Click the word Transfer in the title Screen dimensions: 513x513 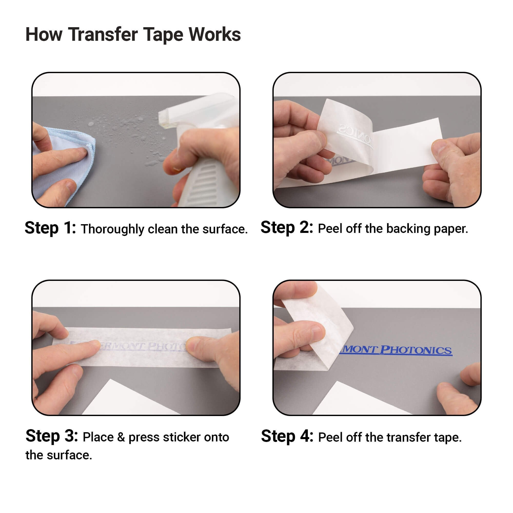point(103,35)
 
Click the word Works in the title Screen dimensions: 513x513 point(214,35)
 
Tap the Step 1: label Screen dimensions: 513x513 point(51,228)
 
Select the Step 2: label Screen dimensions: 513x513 point(287,228)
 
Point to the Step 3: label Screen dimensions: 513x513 point(52,436)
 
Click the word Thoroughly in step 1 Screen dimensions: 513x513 point(112,229)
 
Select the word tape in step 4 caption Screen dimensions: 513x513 point(447,438)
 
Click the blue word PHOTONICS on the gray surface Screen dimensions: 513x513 point(416,350)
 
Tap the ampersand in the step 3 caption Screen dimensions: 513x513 point(121,437)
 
